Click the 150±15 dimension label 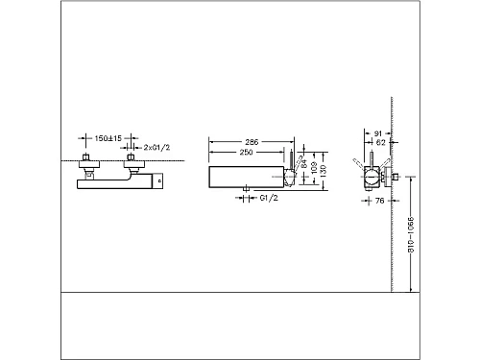(x=102, y=138)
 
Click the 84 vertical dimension (x=305, y=164)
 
